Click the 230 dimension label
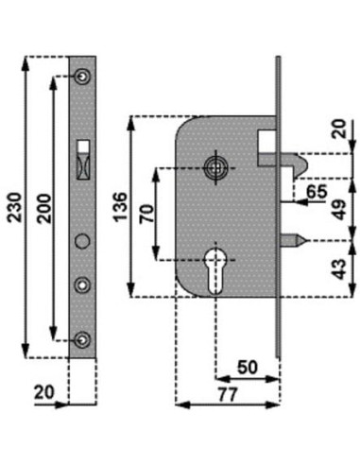pyautogui.click(x=15, y=208)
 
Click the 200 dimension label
pyautogui.click(x=43, y=209)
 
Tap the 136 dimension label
pyautogui.click(x=121, y=207)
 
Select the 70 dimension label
pyautogui.click(x=147, y=214)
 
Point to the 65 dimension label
pyautogui.click(x=317, y=191)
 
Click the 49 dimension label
pyautogui.click(x=339, y=210)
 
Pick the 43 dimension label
pyautogui.click(x=339, y=269)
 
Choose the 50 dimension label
pyautogui.click(x=248, y=368)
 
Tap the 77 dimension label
pyautogui.click(x=228, y=394)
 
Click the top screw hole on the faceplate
pyautogui.click(x=82, y=77)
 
